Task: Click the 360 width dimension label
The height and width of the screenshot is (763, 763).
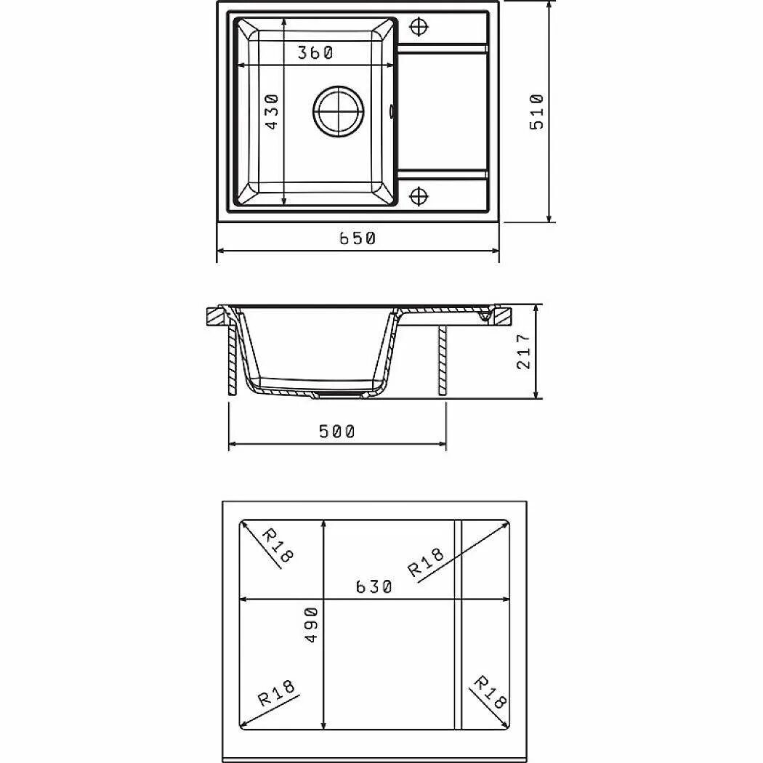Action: (315, 53)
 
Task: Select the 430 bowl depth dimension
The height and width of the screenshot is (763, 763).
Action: (271, 111)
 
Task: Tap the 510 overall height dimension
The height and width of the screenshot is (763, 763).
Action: (536, 111)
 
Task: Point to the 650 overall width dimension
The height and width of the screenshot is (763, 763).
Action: (358, 238)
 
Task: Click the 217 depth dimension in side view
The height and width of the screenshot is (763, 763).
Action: (523, 352)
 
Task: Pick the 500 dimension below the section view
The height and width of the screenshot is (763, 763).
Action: (337, 432)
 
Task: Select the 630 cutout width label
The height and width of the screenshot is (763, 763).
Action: (374, 586)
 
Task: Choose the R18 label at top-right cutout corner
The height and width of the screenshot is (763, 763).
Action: (426, 562)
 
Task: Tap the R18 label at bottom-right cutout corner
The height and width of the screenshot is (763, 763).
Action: (489, 691)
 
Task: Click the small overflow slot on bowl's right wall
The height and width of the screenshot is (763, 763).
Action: (393, 111)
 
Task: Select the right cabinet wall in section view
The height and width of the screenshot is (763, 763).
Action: (442, 361)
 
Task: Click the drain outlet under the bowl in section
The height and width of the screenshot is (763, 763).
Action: (337, 395)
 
